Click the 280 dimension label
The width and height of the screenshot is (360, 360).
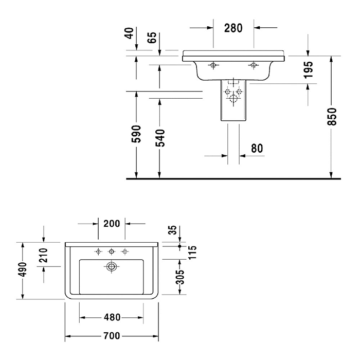pos(233,28)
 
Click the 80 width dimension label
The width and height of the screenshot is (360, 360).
pos(257,149)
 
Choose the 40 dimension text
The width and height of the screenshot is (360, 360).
pos(130,33)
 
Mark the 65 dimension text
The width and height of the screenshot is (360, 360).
pos(152,38)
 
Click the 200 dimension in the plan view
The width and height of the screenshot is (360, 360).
pos(112,224)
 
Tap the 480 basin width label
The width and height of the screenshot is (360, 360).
pos(112,317)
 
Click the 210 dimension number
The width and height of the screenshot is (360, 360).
pos(44,256)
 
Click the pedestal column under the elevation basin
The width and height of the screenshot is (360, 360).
pos(232,103)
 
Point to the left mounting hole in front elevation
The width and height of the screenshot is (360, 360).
pos(213,65)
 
